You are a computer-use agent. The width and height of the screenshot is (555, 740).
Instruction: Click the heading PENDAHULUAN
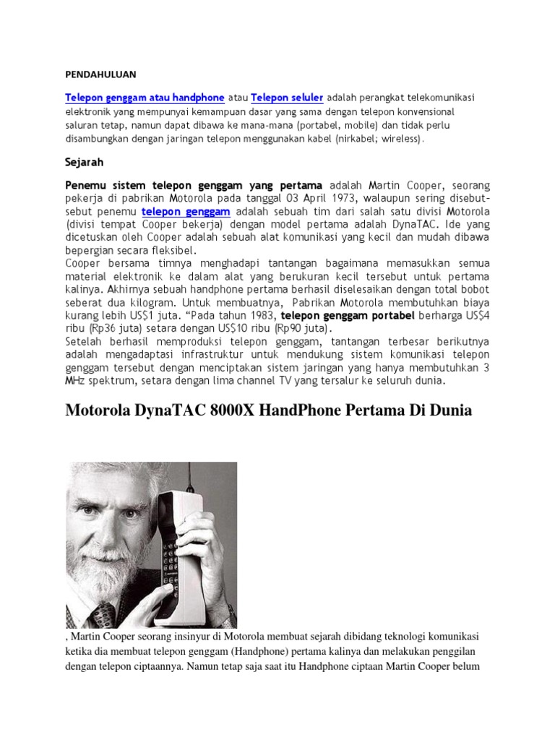click(x=100, y=74)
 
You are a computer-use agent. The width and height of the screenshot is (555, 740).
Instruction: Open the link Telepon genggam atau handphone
click(x=145, y=98)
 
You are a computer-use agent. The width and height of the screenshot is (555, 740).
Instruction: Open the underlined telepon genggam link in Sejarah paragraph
click(x=186, y=211)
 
